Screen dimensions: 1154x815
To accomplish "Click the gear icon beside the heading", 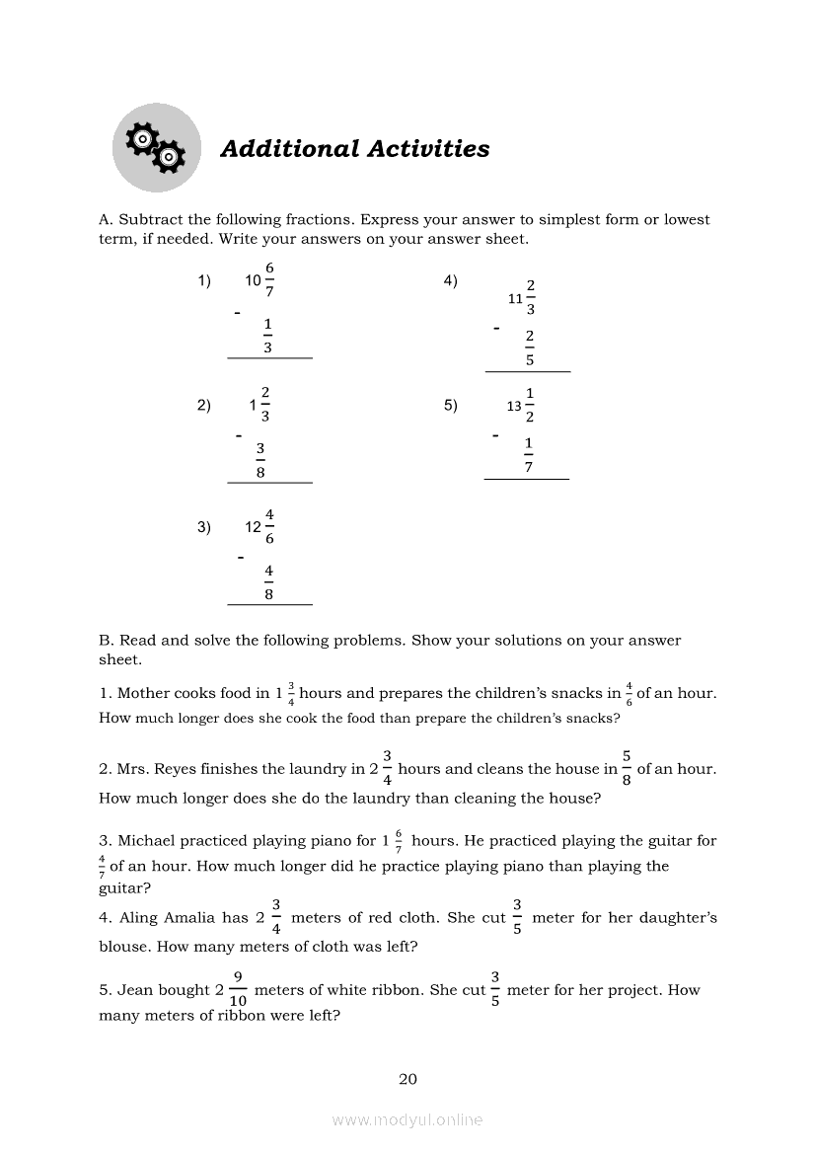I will [x=156, y=148].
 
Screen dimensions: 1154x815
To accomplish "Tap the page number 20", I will [x=407, y=1079].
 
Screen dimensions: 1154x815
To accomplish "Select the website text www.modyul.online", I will [x=407, y=1119].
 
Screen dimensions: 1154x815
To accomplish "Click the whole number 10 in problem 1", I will [x=254, y=280].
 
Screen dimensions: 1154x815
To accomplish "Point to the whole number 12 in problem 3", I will [x=254, y=527].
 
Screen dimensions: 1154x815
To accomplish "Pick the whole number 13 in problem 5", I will [x=514, y=406].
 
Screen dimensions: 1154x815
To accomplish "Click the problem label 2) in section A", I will [x=204, y=405].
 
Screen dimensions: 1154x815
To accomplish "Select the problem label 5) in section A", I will [x=451, y=405].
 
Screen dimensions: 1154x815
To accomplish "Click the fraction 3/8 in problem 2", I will [x=260, y=461].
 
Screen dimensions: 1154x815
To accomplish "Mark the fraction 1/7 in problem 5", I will [x=529, y=454].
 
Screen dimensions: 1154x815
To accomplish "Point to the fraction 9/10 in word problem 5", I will [x=238, y=989].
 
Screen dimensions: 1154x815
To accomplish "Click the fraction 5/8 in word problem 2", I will [x=627, y=768].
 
